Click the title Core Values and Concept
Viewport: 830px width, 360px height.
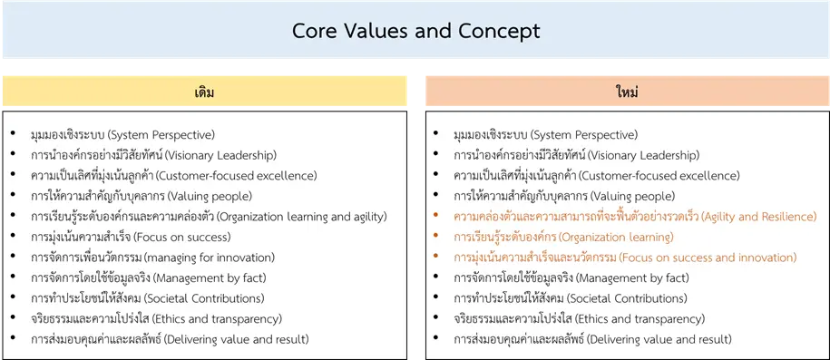pyautogui.click(x=416, y=31)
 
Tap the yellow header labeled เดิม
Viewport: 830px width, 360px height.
pyautogui.click(x=204, y=91)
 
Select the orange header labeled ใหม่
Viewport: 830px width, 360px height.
pyautogui.click(x=628, y=91)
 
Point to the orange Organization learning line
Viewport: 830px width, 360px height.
pyautogui.click(x=563, y=237)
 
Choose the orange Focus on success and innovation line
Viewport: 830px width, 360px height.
pyautogui.click(x=625, y=258)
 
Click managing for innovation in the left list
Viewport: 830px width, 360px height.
pyautogui.click(x=210, y=258)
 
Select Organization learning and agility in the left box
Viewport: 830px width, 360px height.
pyautogui.click(x=302, y=217)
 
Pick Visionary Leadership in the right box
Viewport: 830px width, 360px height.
pyautogui.click(x=643, y=156)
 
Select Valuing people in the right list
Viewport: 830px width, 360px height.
pyautogui.click(x=632, y=197)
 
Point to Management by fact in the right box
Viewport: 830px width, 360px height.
pyautogui.click(x=632, y=277)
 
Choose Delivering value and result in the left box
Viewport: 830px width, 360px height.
pyautogui.click(x=237, y=339)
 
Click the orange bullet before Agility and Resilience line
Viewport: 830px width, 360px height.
pyautogui.click(x=435, y=215)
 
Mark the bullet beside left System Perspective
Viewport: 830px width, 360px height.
pyautogui.click(x=13, y=133)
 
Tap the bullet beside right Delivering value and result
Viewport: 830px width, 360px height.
pyautogui.click(x=435, y=337)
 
